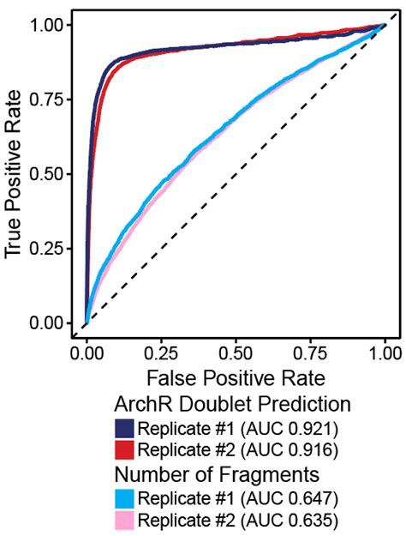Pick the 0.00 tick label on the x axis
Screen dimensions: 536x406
(x=87, y=352)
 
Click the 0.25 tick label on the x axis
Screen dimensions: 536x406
(x=161, y=352)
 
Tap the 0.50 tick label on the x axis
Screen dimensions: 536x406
(x=236, y=352)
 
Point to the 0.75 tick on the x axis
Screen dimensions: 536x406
(x=310, y=352)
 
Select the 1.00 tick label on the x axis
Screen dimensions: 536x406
(x=384, y=352)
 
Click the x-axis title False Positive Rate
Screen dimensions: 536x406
(x=236, y=378)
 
